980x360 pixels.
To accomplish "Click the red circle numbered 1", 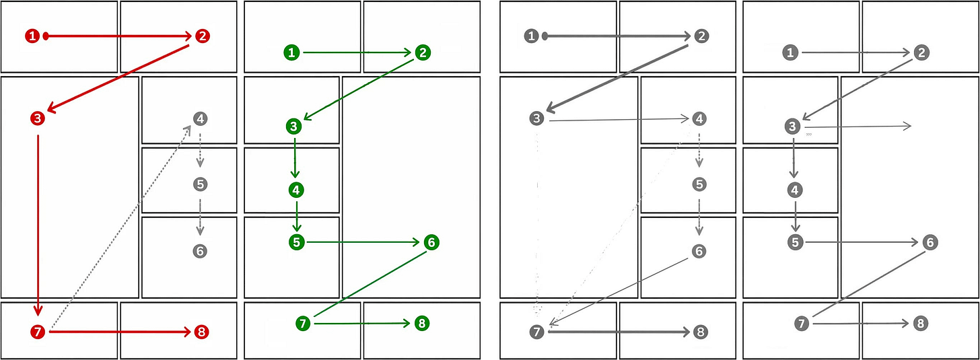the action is click(32, 36).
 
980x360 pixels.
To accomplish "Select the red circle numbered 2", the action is click(202, 36).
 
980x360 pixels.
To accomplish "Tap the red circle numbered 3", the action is click(38, 118).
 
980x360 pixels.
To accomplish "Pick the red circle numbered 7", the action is click(38, 332).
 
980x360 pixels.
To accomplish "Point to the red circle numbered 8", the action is click(201, 332).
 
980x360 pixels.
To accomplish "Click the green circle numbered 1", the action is click(292, 52).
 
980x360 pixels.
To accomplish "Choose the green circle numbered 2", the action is click(423, 52).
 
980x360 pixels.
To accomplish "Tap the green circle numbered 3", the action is click(294, 127).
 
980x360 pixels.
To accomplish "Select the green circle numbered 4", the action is click(297, 190).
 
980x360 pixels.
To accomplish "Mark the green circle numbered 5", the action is click(297, 242).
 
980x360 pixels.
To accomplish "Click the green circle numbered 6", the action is click(431, 242).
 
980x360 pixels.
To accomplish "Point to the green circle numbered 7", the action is click(303, 323).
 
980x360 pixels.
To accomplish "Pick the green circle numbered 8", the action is click(422, 323).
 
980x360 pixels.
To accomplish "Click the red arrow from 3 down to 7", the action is click(38, 225).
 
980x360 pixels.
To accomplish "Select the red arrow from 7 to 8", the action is click(120, 332).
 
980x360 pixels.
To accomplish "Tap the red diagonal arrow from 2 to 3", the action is click(118, 77).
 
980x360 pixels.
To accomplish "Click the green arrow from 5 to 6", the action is click(363, 242).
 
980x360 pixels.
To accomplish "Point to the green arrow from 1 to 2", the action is click(357, 52).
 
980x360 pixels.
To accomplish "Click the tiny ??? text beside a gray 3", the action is click(809, 135).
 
